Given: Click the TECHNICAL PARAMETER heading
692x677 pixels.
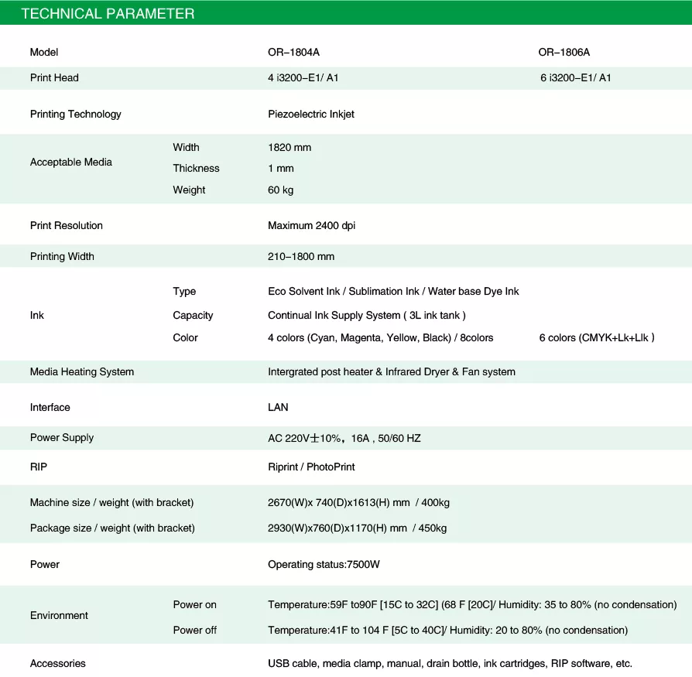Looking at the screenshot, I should tap(108, 14).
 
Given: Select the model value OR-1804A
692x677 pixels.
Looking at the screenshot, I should tap(293, 53).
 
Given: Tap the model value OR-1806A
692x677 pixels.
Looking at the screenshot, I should tap(564, 53).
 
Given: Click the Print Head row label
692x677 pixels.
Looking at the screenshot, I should tap(54, 77).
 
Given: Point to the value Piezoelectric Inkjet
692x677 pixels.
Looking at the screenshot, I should tap(311, 114).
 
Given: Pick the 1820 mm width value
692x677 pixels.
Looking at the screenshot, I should tap(289, 147).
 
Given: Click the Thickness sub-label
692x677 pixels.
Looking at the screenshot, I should tap(196, 168).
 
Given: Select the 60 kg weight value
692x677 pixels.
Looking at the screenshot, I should tap(280, 190).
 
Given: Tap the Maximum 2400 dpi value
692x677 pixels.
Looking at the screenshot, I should tap(312, 225).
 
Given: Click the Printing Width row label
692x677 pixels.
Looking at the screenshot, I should tap(62, 256).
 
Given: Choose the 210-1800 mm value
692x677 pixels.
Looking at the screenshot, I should tap(301, 256).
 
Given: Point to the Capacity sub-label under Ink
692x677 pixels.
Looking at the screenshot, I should tap(193, 315).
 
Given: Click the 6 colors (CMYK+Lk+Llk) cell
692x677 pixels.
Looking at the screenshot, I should tap(597, 337).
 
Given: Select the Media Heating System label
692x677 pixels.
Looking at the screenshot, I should tap(82, 371).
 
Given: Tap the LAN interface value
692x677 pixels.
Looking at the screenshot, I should tap(278, 407).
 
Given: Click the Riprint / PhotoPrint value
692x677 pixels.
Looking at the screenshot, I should tap(311, 467).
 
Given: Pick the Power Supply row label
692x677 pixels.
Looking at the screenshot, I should tap(62, 437).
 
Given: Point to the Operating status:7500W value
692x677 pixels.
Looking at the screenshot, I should tap(324, 564).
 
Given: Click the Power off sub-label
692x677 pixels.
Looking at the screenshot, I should tap(194, 630).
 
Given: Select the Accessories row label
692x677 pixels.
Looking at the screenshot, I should tap(58, 663).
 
